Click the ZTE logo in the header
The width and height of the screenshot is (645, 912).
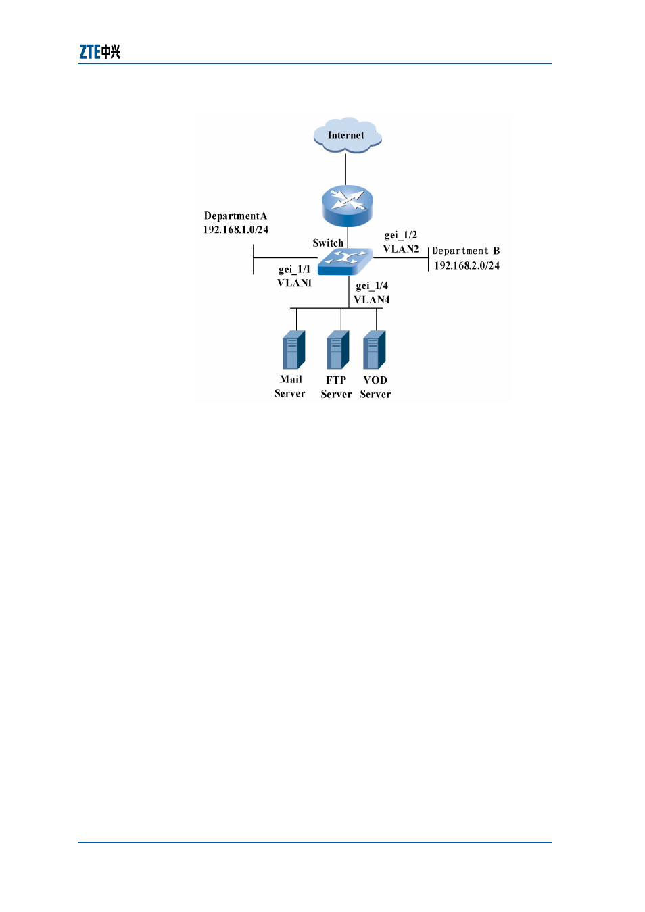click(x=99, y=52)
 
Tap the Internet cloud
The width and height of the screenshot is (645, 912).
click(x=347, y=135)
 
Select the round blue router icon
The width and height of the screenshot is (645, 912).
click(x=347, y=206)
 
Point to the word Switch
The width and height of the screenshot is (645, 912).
click(x=328, y=243)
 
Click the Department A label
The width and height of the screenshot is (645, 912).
click(x=235, y=216)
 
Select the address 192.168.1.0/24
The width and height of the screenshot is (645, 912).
click(x=235, y=230)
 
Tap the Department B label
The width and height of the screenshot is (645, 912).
click(x=466, y=251)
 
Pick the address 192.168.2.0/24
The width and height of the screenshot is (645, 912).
click(x=467, y=265)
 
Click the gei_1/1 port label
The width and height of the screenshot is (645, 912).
click(x=294, y=269)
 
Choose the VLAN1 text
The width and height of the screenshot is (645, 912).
click(x=294, y=283)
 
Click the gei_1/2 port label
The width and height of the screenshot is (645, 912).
click(x=400, y=235)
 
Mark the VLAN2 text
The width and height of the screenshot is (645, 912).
click(x=401, y=249)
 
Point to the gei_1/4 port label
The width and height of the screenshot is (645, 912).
click(x=372, y=286)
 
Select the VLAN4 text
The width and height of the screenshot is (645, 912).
click(x=372, y=300)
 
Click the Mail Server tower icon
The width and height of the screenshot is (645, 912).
click(x=294, y=350)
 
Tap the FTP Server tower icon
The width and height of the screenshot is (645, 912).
click(x=338, y=350)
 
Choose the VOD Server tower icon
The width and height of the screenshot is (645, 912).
click(x=375, y=350)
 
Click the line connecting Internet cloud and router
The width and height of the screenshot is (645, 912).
click(x=346, y=170)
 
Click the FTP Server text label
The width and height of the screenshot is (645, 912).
click(x=336, y=387)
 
